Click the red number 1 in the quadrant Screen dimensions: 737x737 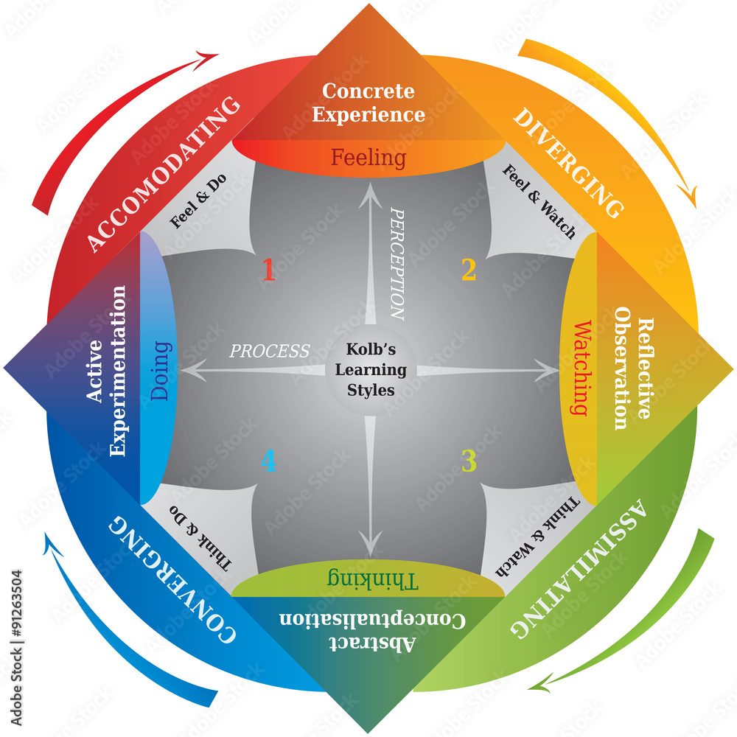pyautogui.click(x=268, y=270)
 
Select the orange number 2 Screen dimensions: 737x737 pyautogui.click(x=469, y=270)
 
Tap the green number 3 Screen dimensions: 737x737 pyautogui.click(x=469, y=461)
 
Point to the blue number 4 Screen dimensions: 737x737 pyautogui.click(x=268, y=461)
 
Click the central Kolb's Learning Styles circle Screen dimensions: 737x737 pyautogui.click(x=371, y=369)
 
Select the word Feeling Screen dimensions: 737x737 pyautogui.click(x=368, y=157)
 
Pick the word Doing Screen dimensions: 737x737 pyautogui.click(x=161, y=369)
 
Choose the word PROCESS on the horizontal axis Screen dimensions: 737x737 pyautogui.click(x=269, y=351)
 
